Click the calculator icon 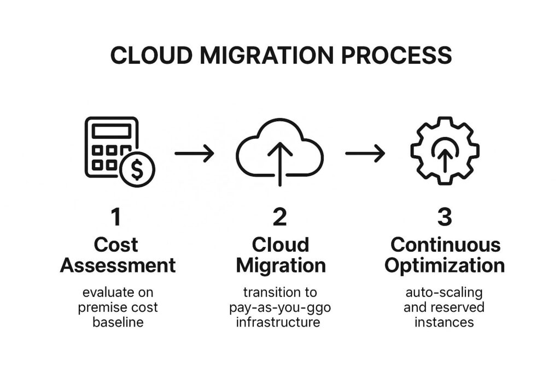[x=112, y=145]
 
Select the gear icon [x=445, y=151]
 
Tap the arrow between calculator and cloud [x=194, y=154]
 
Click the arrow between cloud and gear [x=365, y=154]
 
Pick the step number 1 [x=116, y=218]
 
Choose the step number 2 [x=279, y=218]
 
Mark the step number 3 [x=445, y=218]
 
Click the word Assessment [x=118, y=265]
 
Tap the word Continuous [x=445, y=244]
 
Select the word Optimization [x=445, y=265]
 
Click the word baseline [x=118, y=322]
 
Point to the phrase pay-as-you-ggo [x=280, y=307]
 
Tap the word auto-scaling [x=444, y=292]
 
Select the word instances [x=444, y=322]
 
